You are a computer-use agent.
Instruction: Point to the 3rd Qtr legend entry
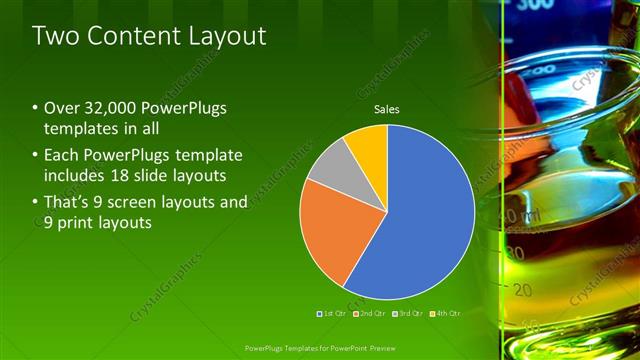click(x=407, y=314)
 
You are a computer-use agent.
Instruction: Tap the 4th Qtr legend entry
click(x=445, y=314)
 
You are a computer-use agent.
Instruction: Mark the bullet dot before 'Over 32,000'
click(x=35, y=108)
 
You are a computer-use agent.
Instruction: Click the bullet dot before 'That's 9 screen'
click(x=35, y=202)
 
